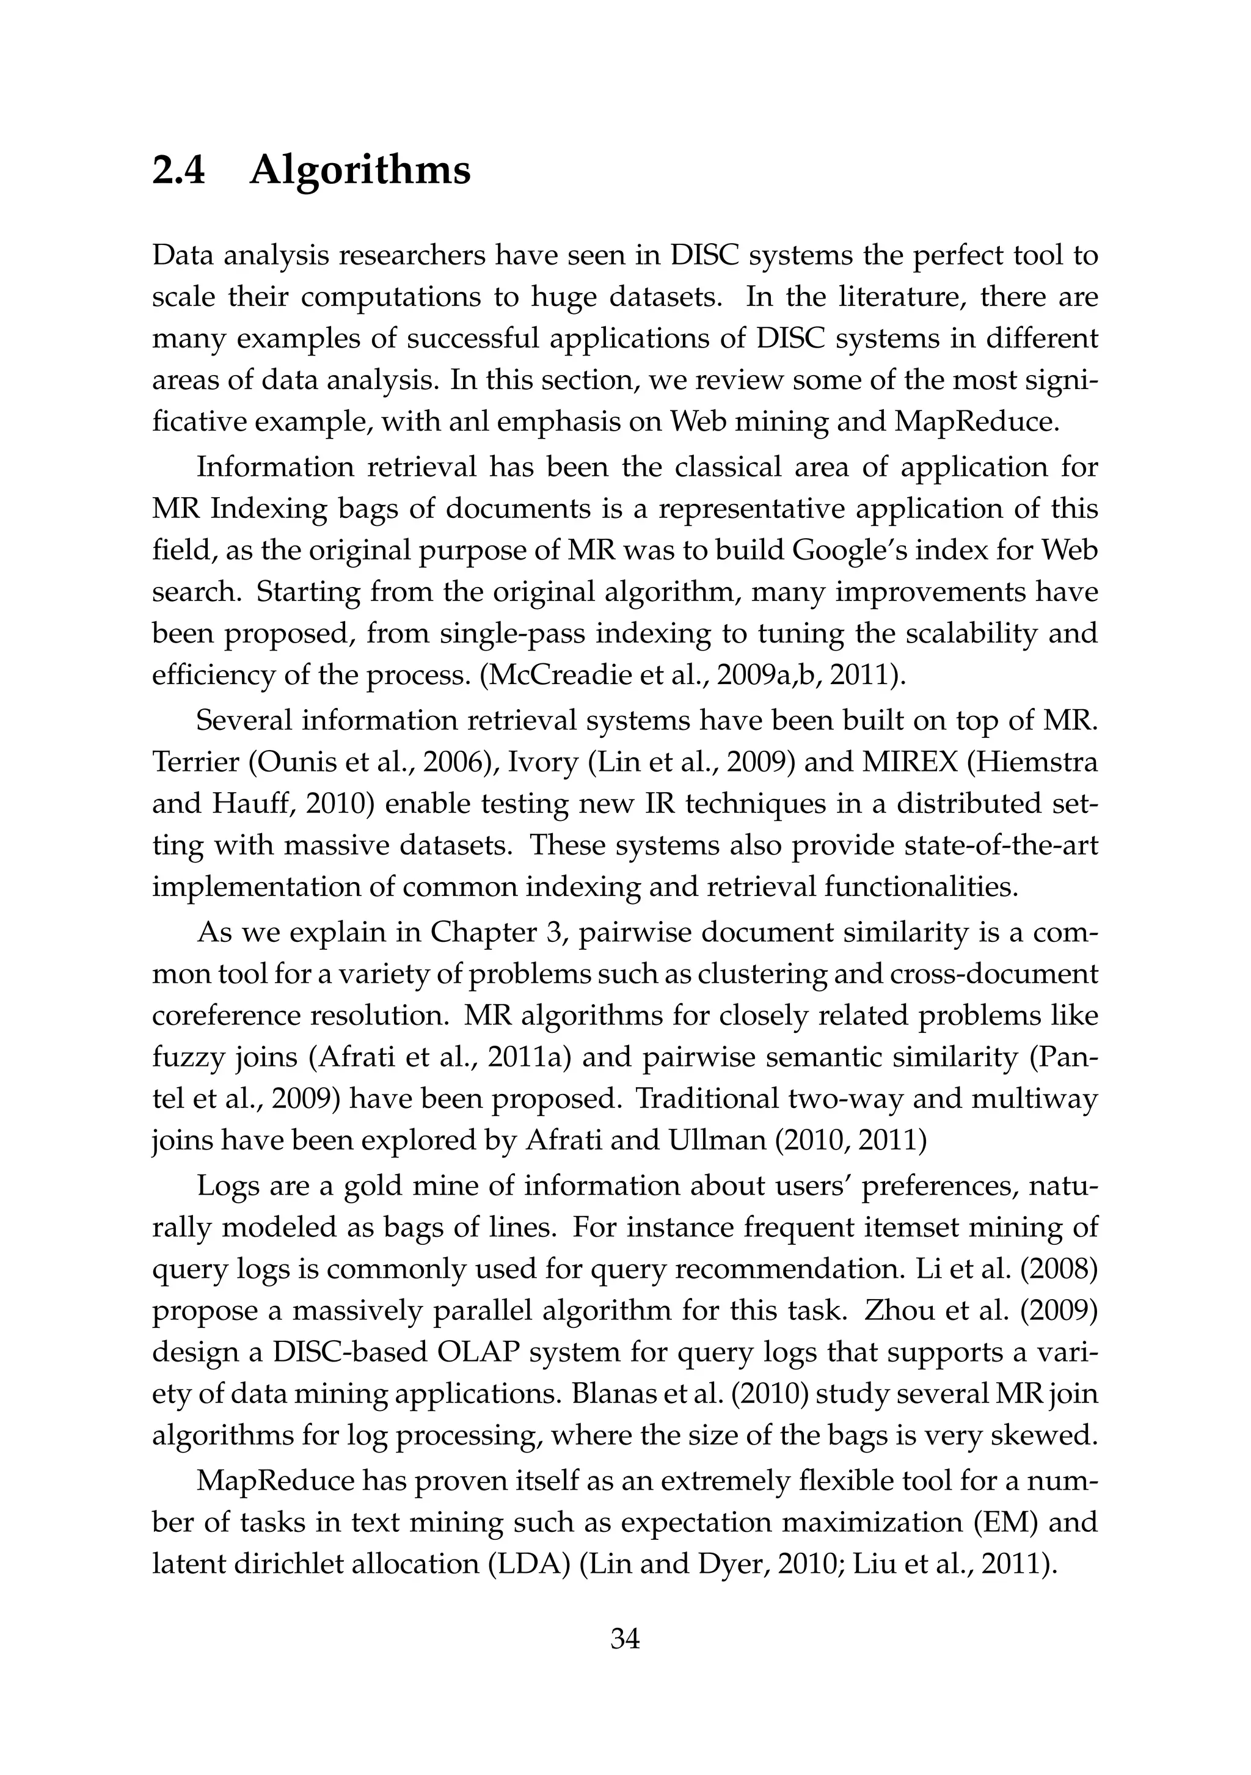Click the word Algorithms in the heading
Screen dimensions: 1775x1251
pyautogui.click(x=360, y=172)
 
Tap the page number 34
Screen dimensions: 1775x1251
pyautogui.click(x=625, y=1638)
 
